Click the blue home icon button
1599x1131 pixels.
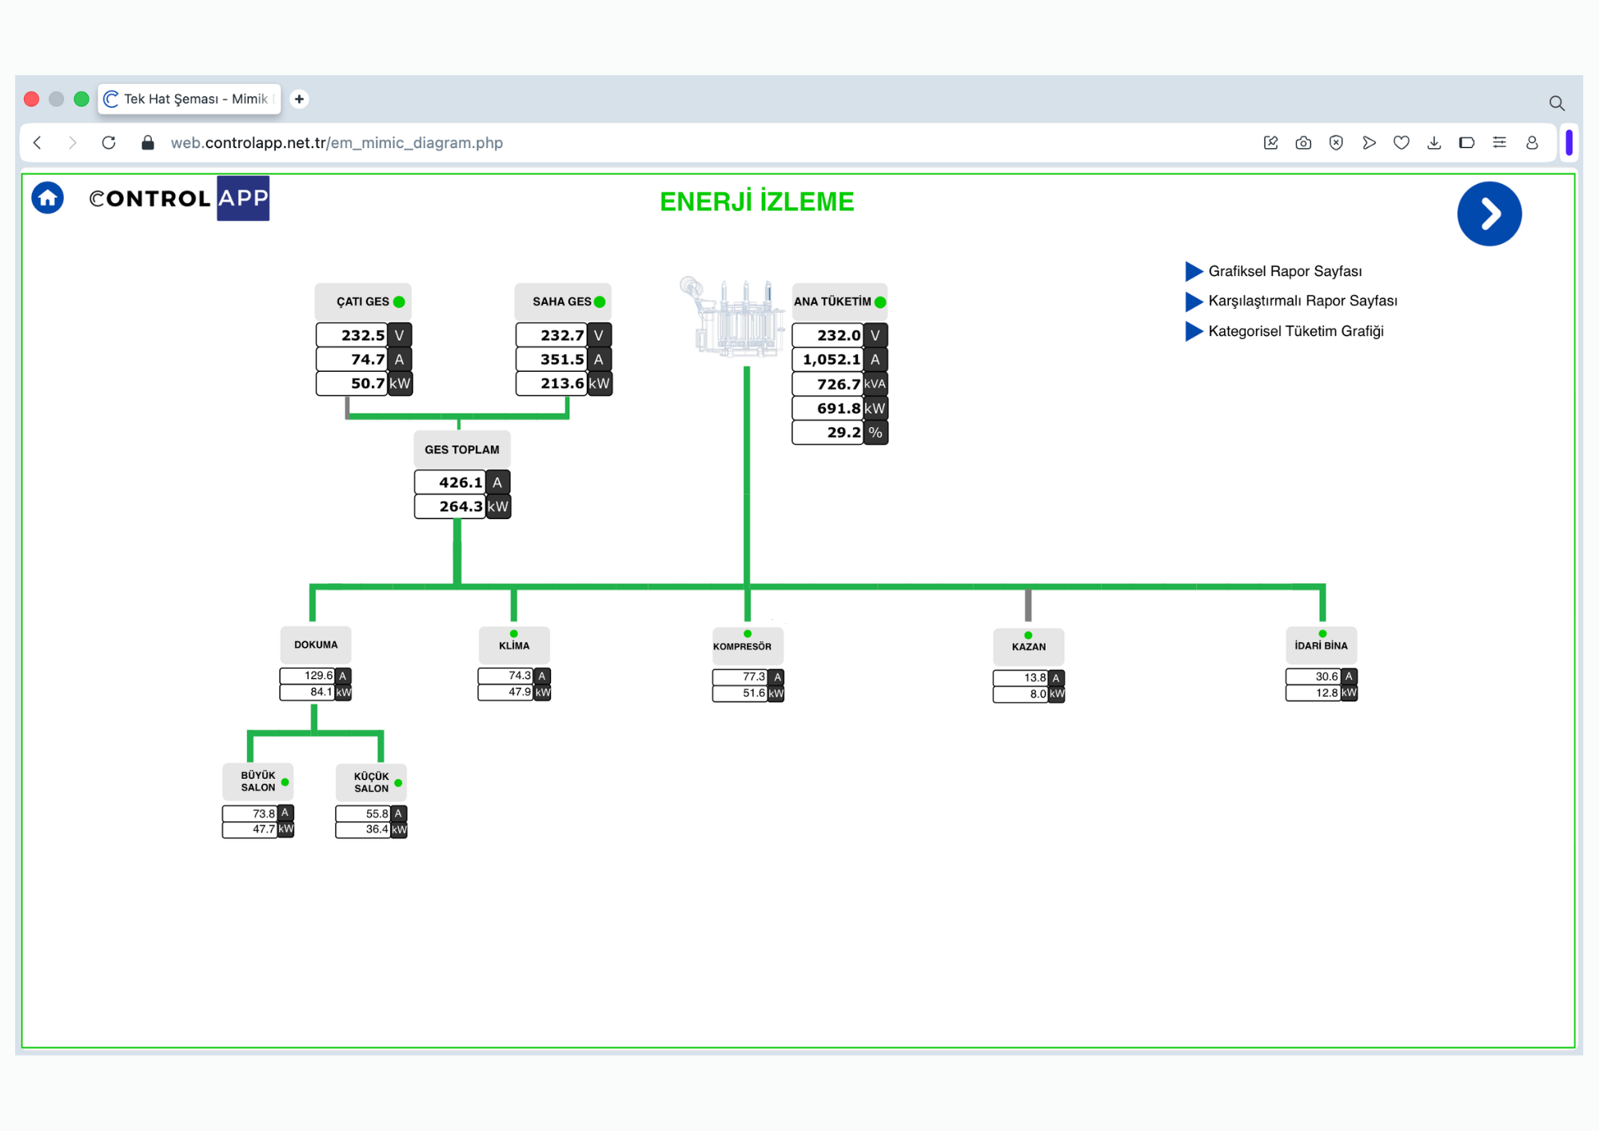[47, 198]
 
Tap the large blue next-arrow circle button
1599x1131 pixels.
[1489, 214]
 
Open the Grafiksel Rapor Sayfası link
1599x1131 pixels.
[1285, 271]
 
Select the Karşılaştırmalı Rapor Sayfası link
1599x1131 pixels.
[1302, 301]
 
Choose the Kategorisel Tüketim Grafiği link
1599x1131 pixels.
[1295, 331]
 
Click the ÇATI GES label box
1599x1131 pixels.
[363, 302]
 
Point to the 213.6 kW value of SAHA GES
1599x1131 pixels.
[564, 384]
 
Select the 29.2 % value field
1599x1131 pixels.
[839, 433]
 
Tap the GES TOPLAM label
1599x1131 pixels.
[462, 450]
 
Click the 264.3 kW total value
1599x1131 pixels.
[462, 507]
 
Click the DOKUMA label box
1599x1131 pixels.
[316, 645]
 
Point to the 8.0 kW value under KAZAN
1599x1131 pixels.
[1029, 694]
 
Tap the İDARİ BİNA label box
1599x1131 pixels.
[1321, 645]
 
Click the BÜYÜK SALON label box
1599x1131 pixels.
[257, 781]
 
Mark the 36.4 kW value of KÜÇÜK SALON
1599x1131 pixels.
[371, 829]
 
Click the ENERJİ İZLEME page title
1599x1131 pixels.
[757, 202]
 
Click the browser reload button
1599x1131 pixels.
[109, 142]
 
